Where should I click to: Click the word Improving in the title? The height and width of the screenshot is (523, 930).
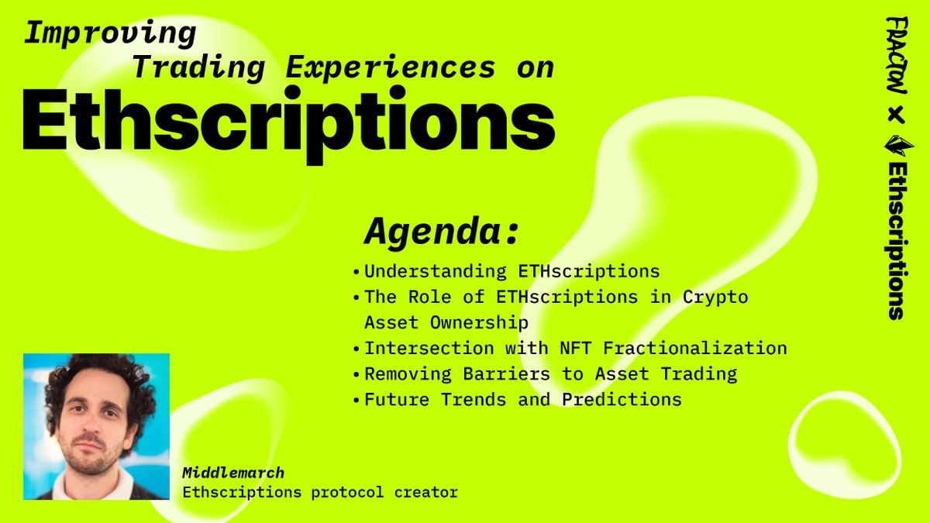pyautogui.click(x=111, y=33)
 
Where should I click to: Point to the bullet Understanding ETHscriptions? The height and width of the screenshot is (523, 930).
pyautogui.click(x=511, y=272)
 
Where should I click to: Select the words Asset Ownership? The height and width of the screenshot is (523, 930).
pyautogui.click(x=446, y=322)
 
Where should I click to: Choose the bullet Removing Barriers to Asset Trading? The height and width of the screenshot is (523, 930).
pyautogui.click(x=550, y=374)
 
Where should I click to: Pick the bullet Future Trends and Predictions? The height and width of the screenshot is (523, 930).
pyautogui.click(x=523, y=400)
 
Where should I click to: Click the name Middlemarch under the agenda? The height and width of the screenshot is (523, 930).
pyautogui.click(x=233, y=473)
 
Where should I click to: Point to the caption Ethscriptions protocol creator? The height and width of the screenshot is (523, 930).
pyautogui.click(x=320, y=491)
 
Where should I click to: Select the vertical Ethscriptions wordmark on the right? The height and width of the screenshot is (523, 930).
pyautogui.click(x=897, y=241)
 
